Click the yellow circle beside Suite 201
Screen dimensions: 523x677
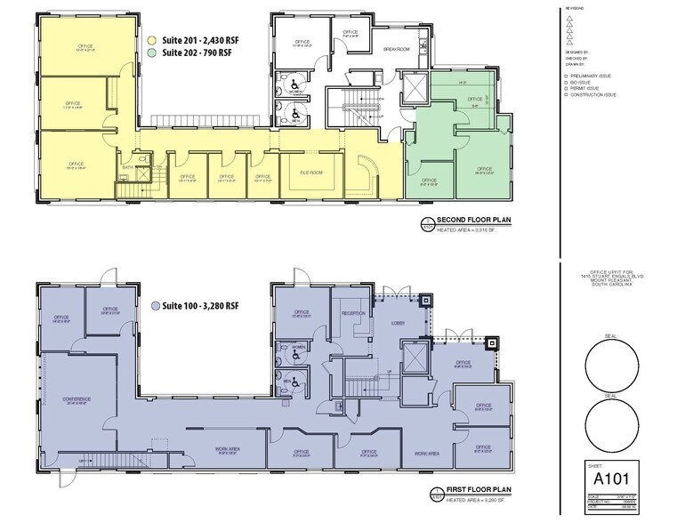pyautogui.click(x=152, y=40)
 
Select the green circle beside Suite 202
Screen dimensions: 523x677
pyautogui.click(x=152, y=53)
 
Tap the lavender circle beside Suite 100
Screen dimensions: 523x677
pyautogui.click(x=157, y=305)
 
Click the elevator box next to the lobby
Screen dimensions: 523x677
pyautogui.click(x=412, y=359)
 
